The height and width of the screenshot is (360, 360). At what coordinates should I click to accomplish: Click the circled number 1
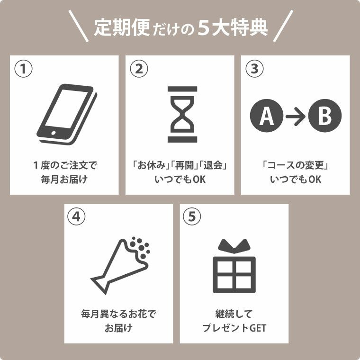click(x=23, y=69)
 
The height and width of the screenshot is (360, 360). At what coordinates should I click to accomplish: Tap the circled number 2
click(x=139, y=69)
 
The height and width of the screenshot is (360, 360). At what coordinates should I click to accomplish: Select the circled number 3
click(x=254, y=69)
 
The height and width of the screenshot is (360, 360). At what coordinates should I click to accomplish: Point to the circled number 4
click(x=77, y=217)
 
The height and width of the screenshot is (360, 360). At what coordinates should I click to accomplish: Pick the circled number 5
click(x=192, y=217)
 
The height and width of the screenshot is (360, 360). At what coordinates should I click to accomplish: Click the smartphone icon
click(x=66, y=114)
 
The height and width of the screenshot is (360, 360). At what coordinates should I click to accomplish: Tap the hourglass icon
click(x=182, y=114)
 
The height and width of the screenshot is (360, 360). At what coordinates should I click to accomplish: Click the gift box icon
click(x=234, y=270)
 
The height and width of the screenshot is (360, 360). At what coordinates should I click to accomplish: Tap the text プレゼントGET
click(x=234, y=328)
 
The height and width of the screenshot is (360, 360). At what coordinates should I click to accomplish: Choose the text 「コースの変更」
click(x=296, y=166)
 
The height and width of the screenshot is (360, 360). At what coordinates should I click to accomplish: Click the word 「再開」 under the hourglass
click(x=182, y=166)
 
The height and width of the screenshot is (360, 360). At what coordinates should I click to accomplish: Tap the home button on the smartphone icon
click(x=54, y=132)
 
